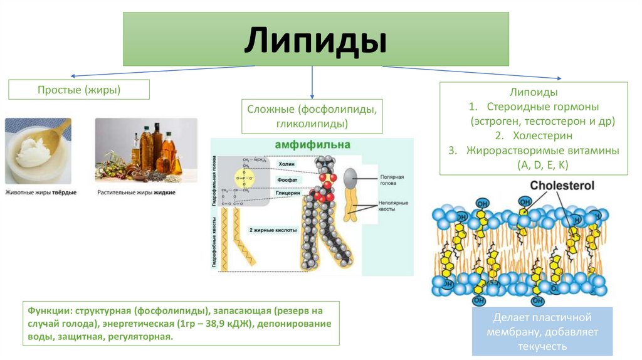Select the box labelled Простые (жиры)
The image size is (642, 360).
pyautogui.click(x=79, y=90)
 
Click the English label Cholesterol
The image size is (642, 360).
pyautogui.click(x=562, y=186)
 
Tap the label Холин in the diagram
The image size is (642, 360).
pyautogui.click(x=287, y=164)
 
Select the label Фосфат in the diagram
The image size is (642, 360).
pyautogui.click(x=287, y=179)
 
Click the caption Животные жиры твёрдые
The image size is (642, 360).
pyautogui.click(x=41, y=192)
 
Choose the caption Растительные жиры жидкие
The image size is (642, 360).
pyautogui.click(x=136, y=192)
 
